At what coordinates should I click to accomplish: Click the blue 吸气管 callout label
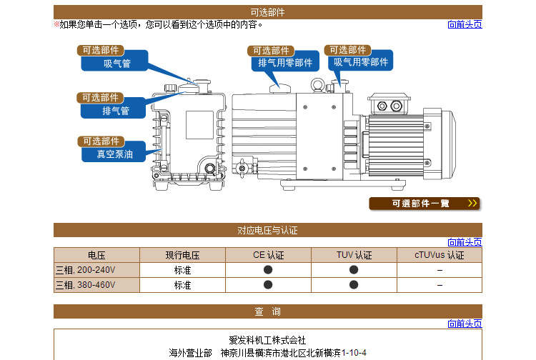116,63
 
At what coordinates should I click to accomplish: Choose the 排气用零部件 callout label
284,63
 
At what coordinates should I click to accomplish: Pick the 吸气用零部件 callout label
361,62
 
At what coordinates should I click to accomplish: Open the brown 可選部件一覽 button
425,204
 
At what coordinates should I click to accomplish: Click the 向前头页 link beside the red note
465,24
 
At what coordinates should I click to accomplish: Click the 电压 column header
96,255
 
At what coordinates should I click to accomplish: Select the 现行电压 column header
182,255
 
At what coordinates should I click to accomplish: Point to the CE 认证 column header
268,255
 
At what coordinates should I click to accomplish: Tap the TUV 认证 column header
354,255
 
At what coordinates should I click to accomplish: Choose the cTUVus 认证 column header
440,255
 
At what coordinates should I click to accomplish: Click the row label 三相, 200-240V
85,270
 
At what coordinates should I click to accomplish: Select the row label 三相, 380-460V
85,285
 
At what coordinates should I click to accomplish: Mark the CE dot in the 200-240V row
268,270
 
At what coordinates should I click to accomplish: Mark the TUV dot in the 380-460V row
354,285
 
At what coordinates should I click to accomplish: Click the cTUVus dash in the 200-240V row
440,270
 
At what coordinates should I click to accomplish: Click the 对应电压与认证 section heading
267,231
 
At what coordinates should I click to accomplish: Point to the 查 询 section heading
267,311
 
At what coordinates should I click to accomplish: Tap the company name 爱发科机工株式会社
267,340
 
